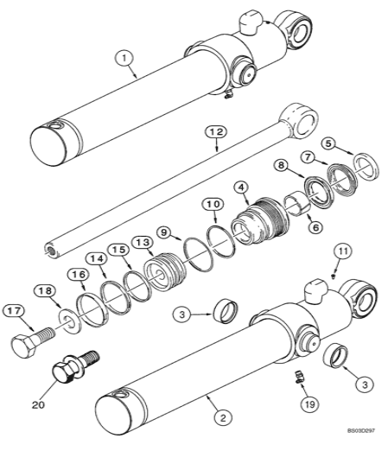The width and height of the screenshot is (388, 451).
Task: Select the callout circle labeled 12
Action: (215, 131)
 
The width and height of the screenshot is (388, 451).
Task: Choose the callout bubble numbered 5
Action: (326, 143)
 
